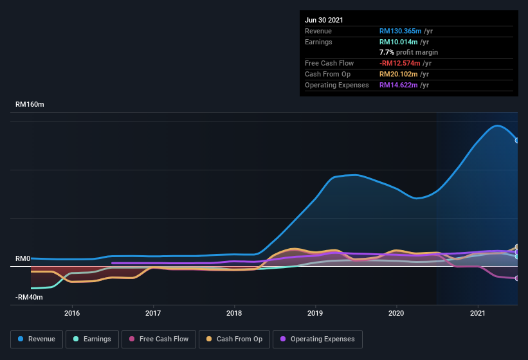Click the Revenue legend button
pos(37,339)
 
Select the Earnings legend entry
pos(92,339)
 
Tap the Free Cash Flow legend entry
pos(159,339)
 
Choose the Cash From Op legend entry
pos(235,339)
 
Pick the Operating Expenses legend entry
pos(318,339)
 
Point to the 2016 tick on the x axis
pos(72,313)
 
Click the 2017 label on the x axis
pos(153,313)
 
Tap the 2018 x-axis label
pos(234,313)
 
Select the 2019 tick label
pos(315,313)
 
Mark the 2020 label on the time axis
pos(396,313)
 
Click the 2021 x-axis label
pos(477,313)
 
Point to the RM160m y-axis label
pos(30,104)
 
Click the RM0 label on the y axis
pos(23,258)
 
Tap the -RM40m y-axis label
pos(29,297)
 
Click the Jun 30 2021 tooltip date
pos(324,20)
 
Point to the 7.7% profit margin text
pos(408,52)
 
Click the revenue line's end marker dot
pos(517,140)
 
